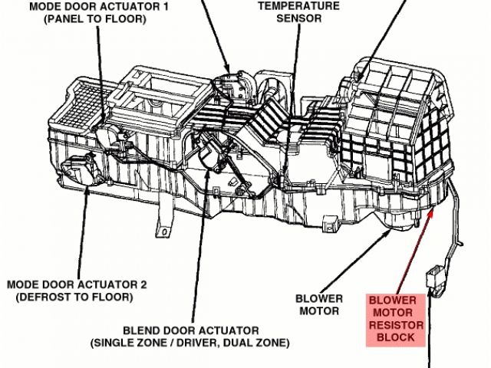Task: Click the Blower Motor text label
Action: click(318, 304)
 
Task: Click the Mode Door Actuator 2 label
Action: click(74, 284)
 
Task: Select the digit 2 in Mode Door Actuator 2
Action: click(143, 284)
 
